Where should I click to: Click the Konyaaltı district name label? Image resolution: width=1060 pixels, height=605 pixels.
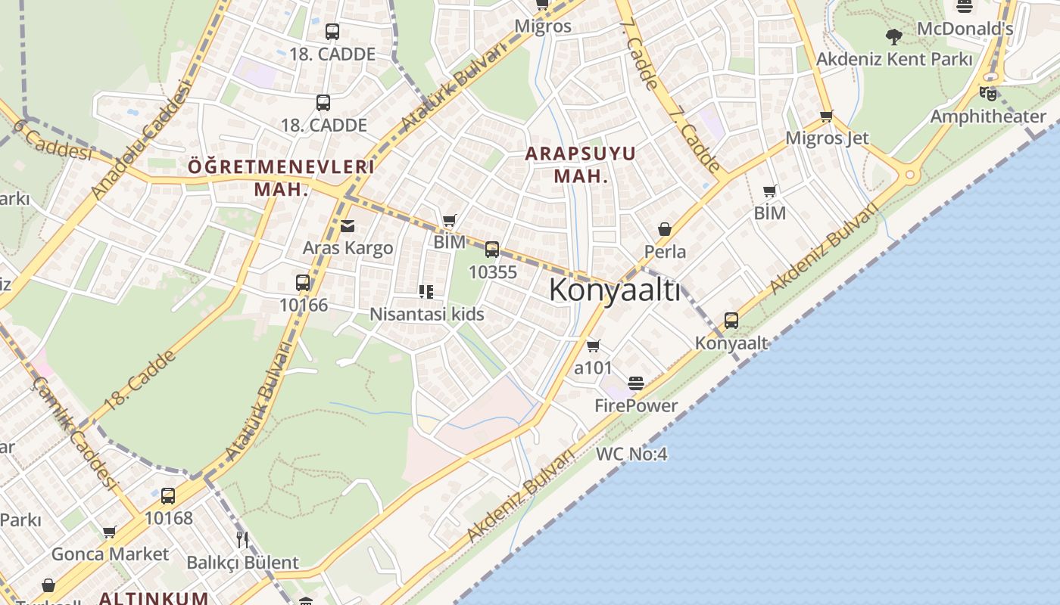click(x=615, y=290)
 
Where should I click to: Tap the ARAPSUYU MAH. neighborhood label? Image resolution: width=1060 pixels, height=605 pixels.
click(x=581, y=165)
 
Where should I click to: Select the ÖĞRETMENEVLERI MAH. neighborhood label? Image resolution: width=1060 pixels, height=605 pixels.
click(x=281, y=178)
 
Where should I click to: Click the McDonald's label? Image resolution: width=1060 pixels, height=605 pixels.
click(x=965, y=29)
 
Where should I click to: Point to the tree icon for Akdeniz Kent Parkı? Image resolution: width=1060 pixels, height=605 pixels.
click(x=894, y=36)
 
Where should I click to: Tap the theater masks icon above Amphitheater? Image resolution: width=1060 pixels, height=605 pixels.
click(x=987, y=93)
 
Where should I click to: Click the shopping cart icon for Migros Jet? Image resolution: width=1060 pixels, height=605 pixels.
click(x=826, y=116)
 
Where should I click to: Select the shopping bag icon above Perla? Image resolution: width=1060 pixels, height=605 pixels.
click(x=665, y=228)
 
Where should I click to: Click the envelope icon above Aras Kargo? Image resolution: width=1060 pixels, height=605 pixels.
click(x=348, y=225)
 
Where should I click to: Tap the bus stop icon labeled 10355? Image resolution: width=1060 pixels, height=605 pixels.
click(x=492, y=249)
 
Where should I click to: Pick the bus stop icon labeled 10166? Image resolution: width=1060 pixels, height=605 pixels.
click(x=303, y=283)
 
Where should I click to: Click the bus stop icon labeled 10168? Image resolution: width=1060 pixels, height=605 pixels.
click(x=168, y=496)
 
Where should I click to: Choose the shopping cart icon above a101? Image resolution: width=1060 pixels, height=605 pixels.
click(x=593, y=346)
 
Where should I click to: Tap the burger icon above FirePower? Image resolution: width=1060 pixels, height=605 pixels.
click(x=636, y=383)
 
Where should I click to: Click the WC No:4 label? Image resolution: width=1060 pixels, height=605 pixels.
click(x=631, y=454)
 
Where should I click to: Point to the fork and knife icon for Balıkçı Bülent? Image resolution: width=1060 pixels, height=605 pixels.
click(x=242, y=539)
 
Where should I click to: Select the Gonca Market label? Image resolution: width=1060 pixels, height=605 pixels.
click(x=111, y=554)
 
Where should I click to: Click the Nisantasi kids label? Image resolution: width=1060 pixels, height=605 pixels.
click(x=426, y=314)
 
